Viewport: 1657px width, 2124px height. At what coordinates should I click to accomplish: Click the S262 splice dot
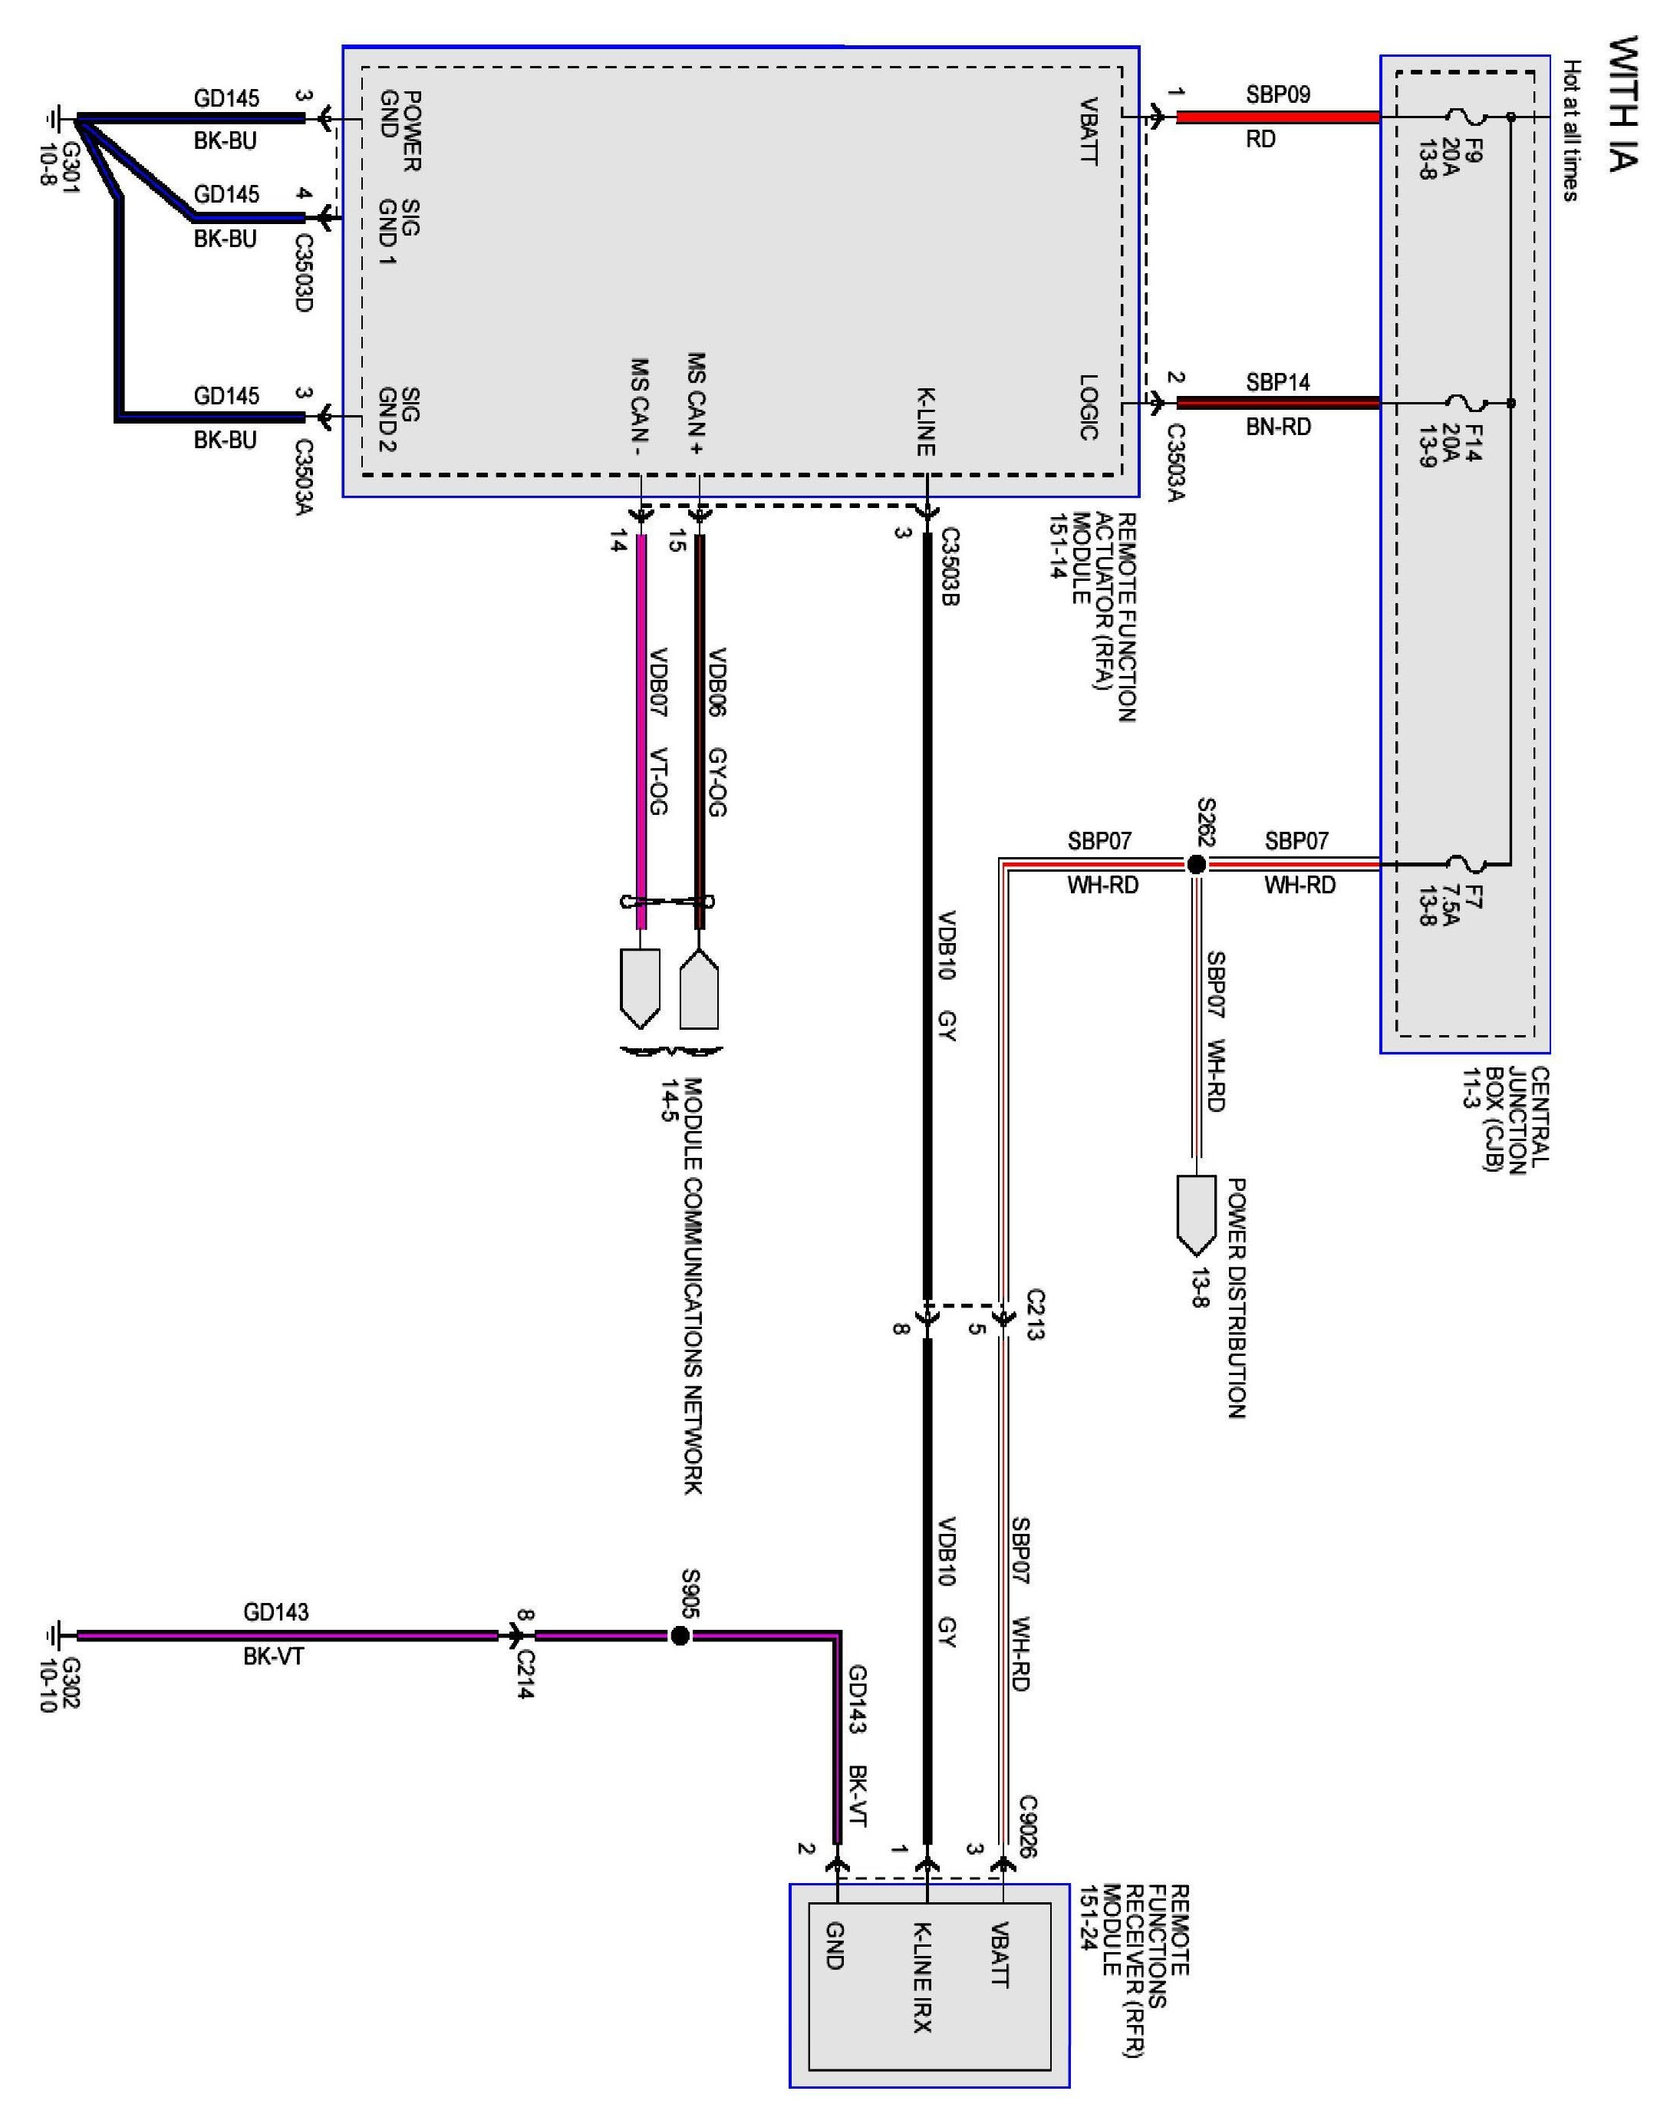click(1196, 863)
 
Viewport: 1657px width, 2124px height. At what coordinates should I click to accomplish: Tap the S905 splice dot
click(680, 1636)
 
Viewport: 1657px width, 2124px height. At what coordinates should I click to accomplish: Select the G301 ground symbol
click(54, 120)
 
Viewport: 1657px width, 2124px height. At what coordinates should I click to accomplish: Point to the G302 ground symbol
click(54, 1636)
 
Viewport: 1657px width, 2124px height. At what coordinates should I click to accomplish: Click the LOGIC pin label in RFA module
click(1089, 407)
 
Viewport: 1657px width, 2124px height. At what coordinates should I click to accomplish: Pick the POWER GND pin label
click(400, 130)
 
